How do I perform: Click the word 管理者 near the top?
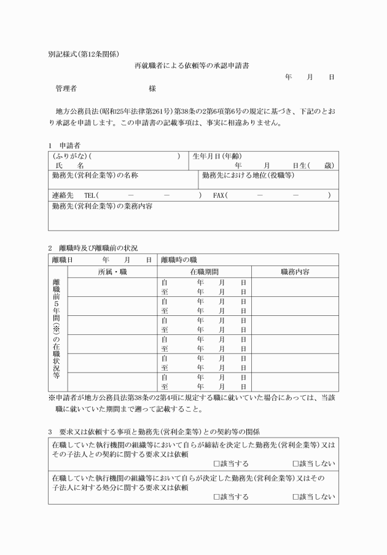[x=66, y=89]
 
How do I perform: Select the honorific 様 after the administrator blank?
[x=152, y=89]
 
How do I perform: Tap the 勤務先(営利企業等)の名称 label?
[x=95, y=175]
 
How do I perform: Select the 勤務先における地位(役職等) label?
[x=248, y=175]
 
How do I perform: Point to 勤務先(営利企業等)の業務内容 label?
[x=103, y=207]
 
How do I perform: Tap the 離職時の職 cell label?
[x=179, y=259]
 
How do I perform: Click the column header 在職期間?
[x=204, y=271]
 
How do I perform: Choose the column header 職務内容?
[x=294, y=271]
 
